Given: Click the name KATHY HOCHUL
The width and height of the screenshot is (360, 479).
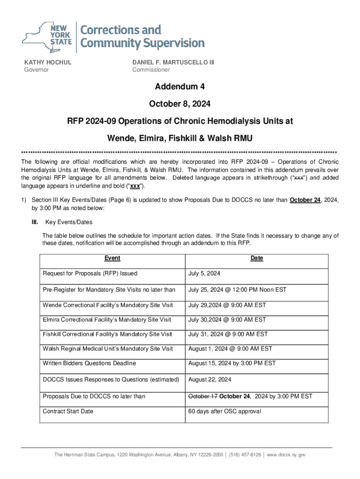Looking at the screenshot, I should pos(48,62).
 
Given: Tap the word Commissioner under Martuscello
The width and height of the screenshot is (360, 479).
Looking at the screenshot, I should pos(151,70).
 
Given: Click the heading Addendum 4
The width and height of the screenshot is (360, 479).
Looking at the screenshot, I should pos(180,87).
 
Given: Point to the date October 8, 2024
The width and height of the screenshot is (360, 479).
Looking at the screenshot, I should pos(180,104).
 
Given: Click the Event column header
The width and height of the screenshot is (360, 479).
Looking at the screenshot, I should pos(112,258).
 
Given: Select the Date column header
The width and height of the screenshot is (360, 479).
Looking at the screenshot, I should pos(257,258).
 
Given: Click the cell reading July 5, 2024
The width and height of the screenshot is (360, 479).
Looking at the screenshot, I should pos(204,274).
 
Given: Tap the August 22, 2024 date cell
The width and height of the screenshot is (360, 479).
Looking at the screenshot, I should pos(209,380).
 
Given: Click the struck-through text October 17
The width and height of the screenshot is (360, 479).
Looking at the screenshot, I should pos(203,397).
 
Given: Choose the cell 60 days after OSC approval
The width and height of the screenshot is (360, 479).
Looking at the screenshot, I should pos(224,412).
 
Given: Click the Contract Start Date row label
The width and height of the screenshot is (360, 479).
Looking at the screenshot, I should pos(68,412).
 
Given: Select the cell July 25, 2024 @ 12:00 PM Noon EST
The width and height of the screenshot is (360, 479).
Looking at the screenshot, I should pos(237,290).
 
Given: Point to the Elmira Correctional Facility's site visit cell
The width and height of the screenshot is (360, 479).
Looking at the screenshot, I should pos(107,320).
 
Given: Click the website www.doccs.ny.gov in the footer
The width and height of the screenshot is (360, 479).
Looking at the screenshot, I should pos(286,455).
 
